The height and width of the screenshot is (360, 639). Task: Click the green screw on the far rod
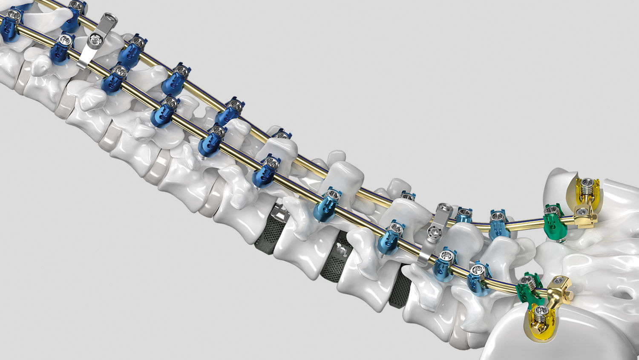pos(554,222)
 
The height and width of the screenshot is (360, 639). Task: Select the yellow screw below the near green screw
pos(541,320)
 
